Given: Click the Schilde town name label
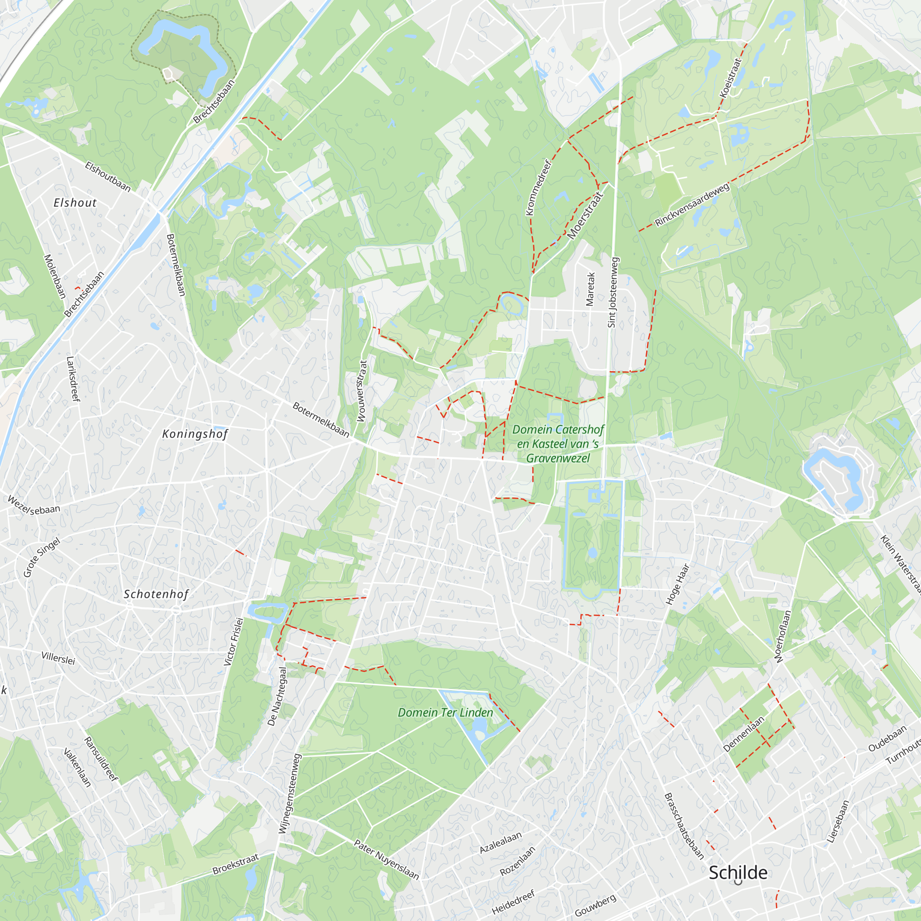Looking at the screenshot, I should point(738,872).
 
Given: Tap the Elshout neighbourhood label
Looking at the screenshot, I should point(75,203).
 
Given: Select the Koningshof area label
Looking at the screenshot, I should point(195,434).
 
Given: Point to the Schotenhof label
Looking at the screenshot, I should point(157,594).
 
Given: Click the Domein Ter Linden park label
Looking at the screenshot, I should point(445,713).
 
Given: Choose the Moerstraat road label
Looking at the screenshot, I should point(585,215).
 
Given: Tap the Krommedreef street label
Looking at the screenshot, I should point(539,188).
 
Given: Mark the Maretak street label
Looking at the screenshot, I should point(590,289).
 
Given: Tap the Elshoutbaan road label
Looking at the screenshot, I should point(108,176).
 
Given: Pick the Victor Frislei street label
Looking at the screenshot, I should point(233,641).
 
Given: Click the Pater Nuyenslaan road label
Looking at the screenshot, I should point(387,859).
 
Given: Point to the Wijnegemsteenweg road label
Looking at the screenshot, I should point(290,793).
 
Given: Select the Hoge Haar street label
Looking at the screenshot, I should point(677,584).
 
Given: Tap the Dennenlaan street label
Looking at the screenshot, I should point(744,734).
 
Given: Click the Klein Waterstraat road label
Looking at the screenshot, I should point(900,565).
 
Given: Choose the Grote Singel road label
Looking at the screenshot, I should point(42,557).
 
